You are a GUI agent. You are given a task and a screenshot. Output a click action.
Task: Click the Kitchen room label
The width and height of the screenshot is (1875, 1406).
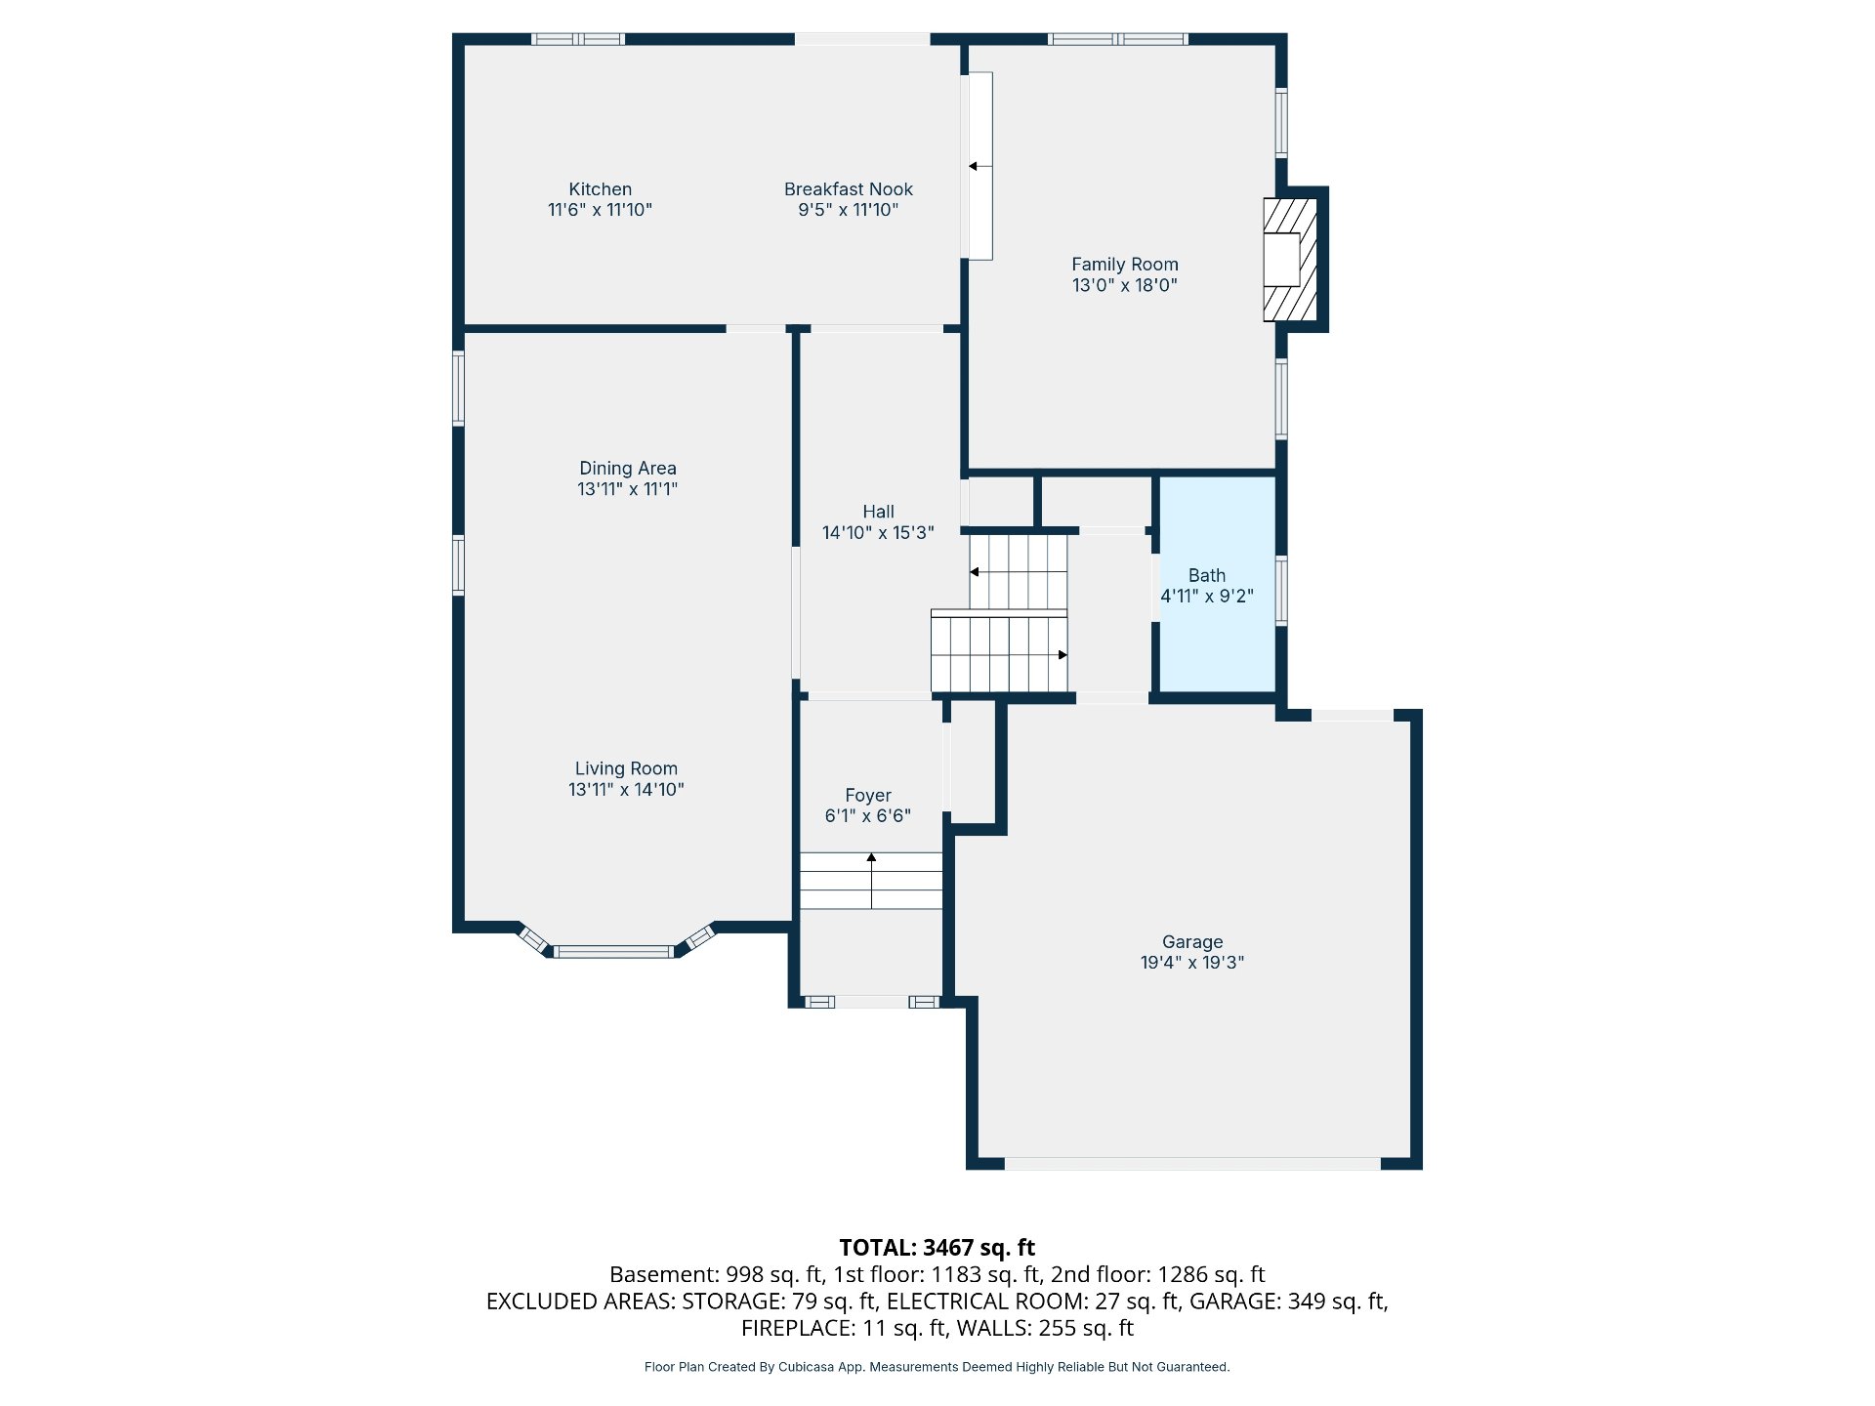[600, 189]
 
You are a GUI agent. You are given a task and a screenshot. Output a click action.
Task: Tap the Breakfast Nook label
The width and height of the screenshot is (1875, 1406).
[849, 189]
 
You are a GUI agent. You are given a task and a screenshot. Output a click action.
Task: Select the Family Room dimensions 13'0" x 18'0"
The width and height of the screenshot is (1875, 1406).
[1125, 285]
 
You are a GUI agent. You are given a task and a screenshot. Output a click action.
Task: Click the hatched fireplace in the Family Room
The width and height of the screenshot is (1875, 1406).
[1290, 260]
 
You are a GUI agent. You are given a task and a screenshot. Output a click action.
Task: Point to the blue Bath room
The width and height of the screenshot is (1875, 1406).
[1217, 584]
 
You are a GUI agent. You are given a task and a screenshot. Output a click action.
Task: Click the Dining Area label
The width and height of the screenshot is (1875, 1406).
[628, 469]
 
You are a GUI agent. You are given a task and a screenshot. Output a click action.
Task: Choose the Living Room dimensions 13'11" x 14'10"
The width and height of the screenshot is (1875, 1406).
[626, 790]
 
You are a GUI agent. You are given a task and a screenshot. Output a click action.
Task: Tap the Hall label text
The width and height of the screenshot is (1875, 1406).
[878, 512]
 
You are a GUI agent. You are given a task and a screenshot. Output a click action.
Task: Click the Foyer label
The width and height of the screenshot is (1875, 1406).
[868, 796]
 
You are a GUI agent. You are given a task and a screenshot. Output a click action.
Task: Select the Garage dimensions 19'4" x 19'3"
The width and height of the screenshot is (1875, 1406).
[1192, 963]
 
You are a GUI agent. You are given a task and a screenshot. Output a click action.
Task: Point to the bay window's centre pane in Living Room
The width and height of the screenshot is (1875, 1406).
[614, 951]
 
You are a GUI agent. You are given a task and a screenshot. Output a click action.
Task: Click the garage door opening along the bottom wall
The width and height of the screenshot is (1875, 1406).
[1192, 1163]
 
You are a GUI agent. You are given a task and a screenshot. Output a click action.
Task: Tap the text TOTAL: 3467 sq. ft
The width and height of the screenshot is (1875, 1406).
[937, 1248]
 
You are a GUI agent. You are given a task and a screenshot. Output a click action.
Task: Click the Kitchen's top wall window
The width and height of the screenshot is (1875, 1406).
[578, 39]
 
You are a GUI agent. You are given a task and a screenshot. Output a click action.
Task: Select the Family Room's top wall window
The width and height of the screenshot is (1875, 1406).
[1118, 39]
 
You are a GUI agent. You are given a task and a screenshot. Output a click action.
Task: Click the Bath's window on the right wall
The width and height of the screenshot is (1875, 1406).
[1281, 590]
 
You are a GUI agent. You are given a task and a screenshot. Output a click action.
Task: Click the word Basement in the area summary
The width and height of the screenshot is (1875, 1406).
[664, 1275]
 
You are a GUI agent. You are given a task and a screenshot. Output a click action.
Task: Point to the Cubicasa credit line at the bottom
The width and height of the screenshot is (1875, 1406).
[937, 1367]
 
